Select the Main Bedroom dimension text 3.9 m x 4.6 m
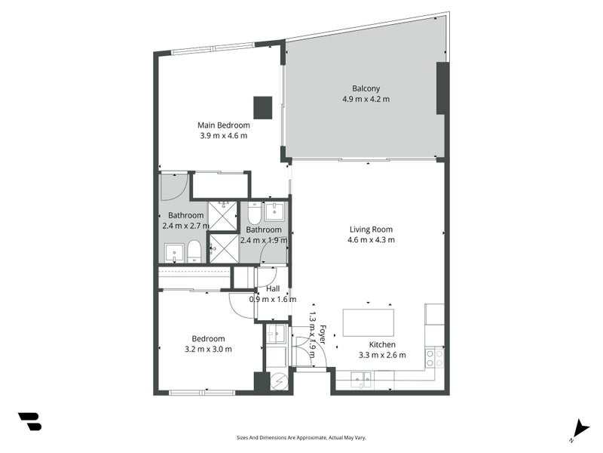[x=223, y=136]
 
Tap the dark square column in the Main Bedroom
[x=262, y=107]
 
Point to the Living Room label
[x=371, y=230]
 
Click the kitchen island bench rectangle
[x=369, y=322]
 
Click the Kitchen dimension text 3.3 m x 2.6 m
[x=381, y=355]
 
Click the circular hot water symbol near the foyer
[x=280, y=382]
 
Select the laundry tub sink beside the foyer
[x=275, y=332]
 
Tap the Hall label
[x=273, y=288]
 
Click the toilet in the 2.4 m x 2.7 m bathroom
[x=194, y=251]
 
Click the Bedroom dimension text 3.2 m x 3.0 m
[x=208, y=349]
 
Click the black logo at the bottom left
[x=30, y=422]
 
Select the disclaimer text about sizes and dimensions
[x=301, y=437]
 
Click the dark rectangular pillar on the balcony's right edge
[x=442, y=88]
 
